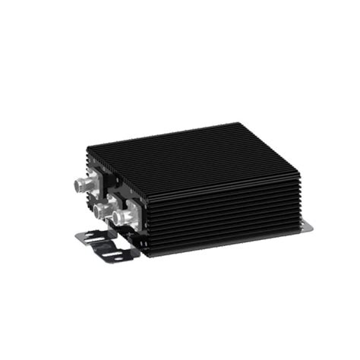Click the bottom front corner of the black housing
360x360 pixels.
(147, 255)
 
